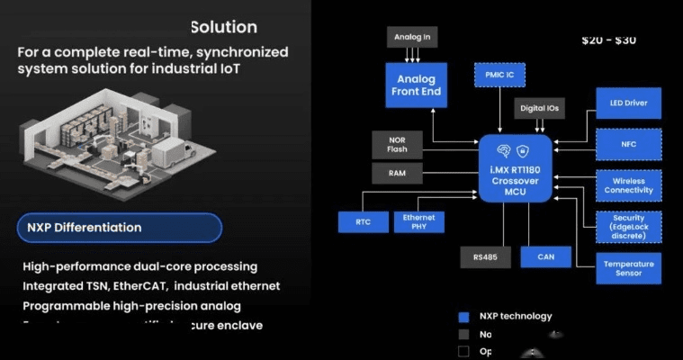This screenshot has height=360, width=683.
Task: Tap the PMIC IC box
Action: point(499,75)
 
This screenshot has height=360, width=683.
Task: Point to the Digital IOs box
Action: point(540,109)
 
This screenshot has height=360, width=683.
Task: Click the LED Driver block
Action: point(628,103)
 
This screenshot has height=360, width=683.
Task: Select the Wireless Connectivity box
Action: point(628,186)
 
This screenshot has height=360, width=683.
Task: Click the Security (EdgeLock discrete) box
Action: point(628,229)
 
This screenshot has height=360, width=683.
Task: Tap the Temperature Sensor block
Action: point(628,269)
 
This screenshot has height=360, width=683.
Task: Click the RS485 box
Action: point(486,256)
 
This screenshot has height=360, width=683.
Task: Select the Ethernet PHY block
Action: point(418,221)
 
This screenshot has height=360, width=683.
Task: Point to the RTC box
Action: point(362,221)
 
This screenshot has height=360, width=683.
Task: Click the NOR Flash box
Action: point(397,144)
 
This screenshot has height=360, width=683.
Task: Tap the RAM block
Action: point(397,173)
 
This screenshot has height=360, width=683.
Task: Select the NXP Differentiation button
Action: point(119,228)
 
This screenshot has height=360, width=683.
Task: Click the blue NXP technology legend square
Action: point(463,317)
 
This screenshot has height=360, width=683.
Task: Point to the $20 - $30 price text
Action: point(610,40)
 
